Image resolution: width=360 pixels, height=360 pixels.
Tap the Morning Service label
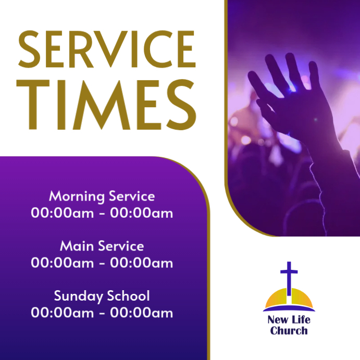click(x=102, y=196)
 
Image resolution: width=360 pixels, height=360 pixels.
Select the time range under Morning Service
click(x=102, y=213)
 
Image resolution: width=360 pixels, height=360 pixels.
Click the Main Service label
click(x=102, y=246)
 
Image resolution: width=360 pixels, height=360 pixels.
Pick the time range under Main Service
click(x=102, y=263)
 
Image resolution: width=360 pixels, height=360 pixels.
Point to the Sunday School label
click(x=102, y=296)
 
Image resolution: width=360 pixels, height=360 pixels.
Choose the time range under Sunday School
click(x=102, y=313)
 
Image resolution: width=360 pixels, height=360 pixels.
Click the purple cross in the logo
click(x=289, y=279)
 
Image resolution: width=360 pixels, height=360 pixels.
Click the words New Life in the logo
click(x=289, y=320)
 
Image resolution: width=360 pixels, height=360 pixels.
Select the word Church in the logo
click(x=289, y=330)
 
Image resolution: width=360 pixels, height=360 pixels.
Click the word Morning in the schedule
click(x=77, y=196)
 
